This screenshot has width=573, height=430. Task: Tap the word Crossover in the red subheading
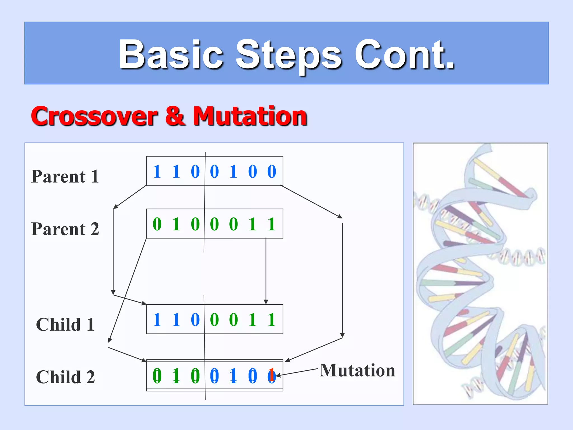coord(94,116)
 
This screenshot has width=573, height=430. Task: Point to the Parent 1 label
coord(65,176)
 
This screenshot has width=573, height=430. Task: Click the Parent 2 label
coord(65,229)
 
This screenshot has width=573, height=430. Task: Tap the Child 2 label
coord(65,377)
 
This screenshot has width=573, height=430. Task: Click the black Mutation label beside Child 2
coord(357,370)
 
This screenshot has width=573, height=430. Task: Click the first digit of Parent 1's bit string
coord(157,171)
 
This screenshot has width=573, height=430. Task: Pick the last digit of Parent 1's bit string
coord(272,171)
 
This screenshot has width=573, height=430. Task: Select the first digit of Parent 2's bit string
coord(157,224)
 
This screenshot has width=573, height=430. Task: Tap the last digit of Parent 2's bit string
coord(272,224)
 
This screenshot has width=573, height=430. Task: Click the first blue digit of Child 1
coord(157,319)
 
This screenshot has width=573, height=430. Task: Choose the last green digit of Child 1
coord(272,319)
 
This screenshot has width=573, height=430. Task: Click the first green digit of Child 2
coord(157,376)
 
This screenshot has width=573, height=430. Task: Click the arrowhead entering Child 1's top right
coord(266,302)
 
